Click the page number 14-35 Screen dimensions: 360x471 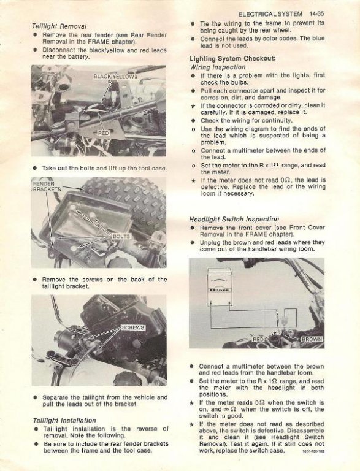[316, 14]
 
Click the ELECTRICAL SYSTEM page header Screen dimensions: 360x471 [270, 14]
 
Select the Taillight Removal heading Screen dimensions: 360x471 [59, 26]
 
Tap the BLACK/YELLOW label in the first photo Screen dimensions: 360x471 [114, 76]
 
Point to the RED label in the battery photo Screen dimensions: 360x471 [103, 133]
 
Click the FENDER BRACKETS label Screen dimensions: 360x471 [47, 186]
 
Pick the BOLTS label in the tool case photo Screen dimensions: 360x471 [121, 236]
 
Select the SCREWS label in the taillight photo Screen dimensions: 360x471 [133, 327]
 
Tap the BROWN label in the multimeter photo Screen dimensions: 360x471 [312, 339]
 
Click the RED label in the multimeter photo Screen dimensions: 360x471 [258, 339]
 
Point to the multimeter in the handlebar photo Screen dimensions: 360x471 [220, 288]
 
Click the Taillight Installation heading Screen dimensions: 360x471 [64, 420]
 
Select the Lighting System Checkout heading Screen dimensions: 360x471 [232, 59]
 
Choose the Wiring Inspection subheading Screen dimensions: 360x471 [218, 67]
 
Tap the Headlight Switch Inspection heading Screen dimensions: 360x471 [234, 220]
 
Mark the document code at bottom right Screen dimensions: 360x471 [314, 451]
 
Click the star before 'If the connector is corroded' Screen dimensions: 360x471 [193, 106]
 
